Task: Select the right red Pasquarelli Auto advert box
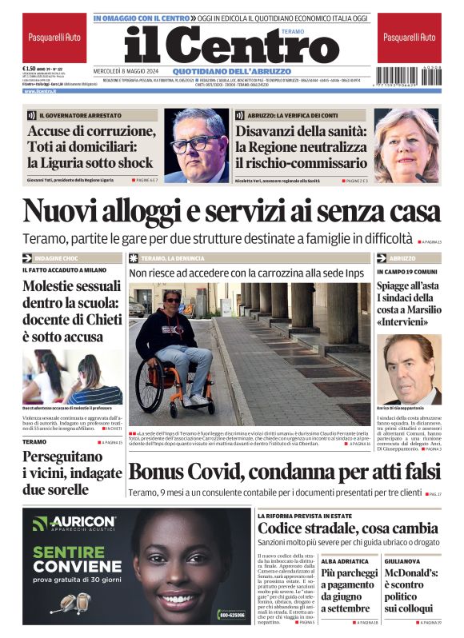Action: [x=410, y=38]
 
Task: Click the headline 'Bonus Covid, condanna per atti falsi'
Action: [x=284, y=472]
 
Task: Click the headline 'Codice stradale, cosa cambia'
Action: [x=347, y=528]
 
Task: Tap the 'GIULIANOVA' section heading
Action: [x=403, y=561]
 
